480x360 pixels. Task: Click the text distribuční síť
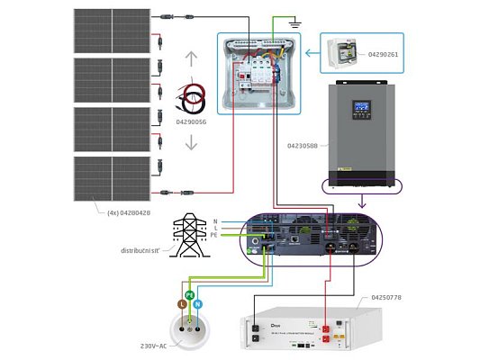(146, 250)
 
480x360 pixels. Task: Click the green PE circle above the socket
(189, 294)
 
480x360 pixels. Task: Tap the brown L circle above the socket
(180, 306)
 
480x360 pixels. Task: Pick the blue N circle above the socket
(199, 306)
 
